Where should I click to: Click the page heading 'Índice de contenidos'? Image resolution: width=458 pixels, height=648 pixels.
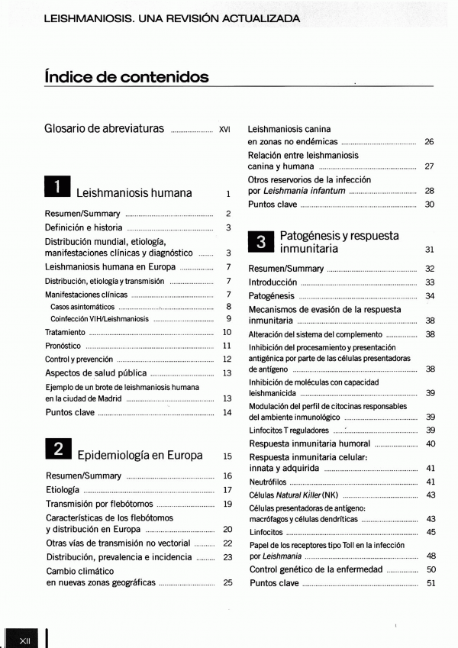tap(126, 77)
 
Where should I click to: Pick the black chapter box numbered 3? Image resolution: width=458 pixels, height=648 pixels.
tap(261, 243)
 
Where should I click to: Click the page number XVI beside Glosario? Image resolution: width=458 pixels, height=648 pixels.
tap(224, 129)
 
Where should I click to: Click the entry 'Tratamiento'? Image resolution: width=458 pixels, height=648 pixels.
tap(65, 333)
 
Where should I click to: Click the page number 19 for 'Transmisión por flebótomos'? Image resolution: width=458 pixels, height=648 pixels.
tap(227, 504)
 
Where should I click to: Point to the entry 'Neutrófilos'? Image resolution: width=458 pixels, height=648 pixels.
tap(267, 482)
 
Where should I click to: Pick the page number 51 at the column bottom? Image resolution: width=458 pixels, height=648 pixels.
tap(431, 584)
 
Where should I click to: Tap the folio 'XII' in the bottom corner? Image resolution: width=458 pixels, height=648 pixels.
tap(24, 637)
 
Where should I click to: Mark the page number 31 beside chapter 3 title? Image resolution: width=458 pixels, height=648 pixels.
tap(430, 250)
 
